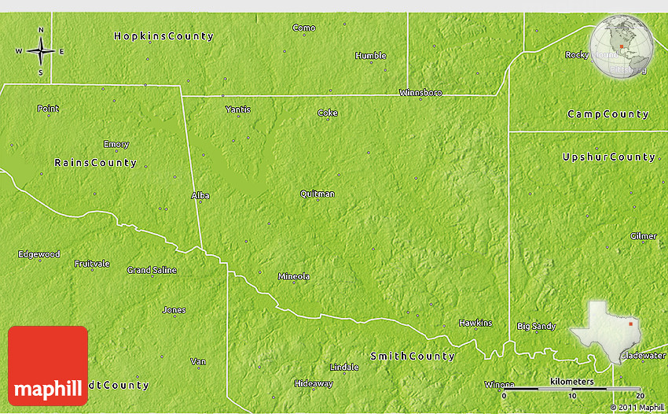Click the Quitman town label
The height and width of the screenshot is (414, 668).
pyautogui.click(x=317, y=194)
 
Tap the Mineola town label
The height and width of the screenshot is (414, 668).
pyautogui.click(x=294, y=276)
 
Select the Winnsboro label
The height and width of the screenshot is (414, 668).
pyautogui.click(x=420, y=93)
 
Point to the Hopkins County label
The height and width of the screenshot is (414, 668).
pyautogui.click(x=163, y=36)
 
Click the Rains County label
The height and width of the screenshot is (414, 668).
pyautogui.click(x=95, y=163)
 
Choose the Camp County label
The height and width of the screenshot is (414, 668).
pyautogui.click(x=607, y=115)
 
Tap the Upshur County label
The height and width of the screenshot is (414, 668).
pyautogui.click(x=608, y=157)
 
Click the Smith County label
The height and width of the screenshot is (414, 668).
pyautogui.click(x=413, y=357)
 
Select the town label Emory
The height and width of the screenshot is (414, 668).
pyautogui.click(x=116, y=144)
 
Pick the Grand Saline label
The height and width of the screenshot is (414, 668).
pyautogui.click(x=152, y=270)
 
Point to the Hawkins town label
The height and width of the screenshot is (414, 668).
pyautogui.click(x=475, y=323)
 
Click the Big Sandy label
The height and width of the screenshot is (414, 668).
pyautogui.click(x=536, y=326)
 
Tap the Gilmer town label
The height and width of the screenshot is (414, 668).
pyautogui.click(x=643, y=236)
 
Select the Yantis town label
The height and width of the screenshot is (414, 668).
pyautogui.click(x=237, y=109)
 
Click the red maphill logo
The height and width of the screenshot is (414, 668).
pyautogui.click(x=48, y=366)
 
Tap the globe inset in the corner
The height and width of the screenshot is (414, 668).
pyautogui.click(x=623, y=47)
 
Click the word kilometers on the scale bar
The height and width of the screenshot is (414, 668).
pyautogui.click(x=572, y=381)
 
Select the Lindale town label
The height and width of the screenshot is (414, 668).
pyautogui.click(x=344, y=367)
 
